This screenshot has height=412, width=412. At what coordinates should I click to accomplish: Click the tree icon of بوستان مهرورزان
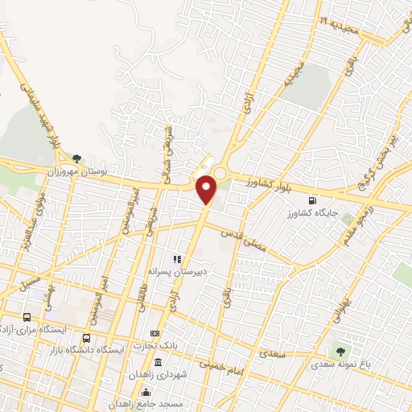[76, 159]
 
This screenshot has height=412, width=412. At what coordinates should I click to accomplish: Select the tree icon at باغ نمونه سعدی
[341, 351]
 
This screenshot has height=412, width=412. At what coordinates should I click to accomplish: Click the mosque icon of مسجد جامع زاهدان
[146, 392]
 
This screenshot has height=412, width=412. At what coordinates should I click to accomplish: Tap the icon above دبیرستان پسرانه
[176, 259]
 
